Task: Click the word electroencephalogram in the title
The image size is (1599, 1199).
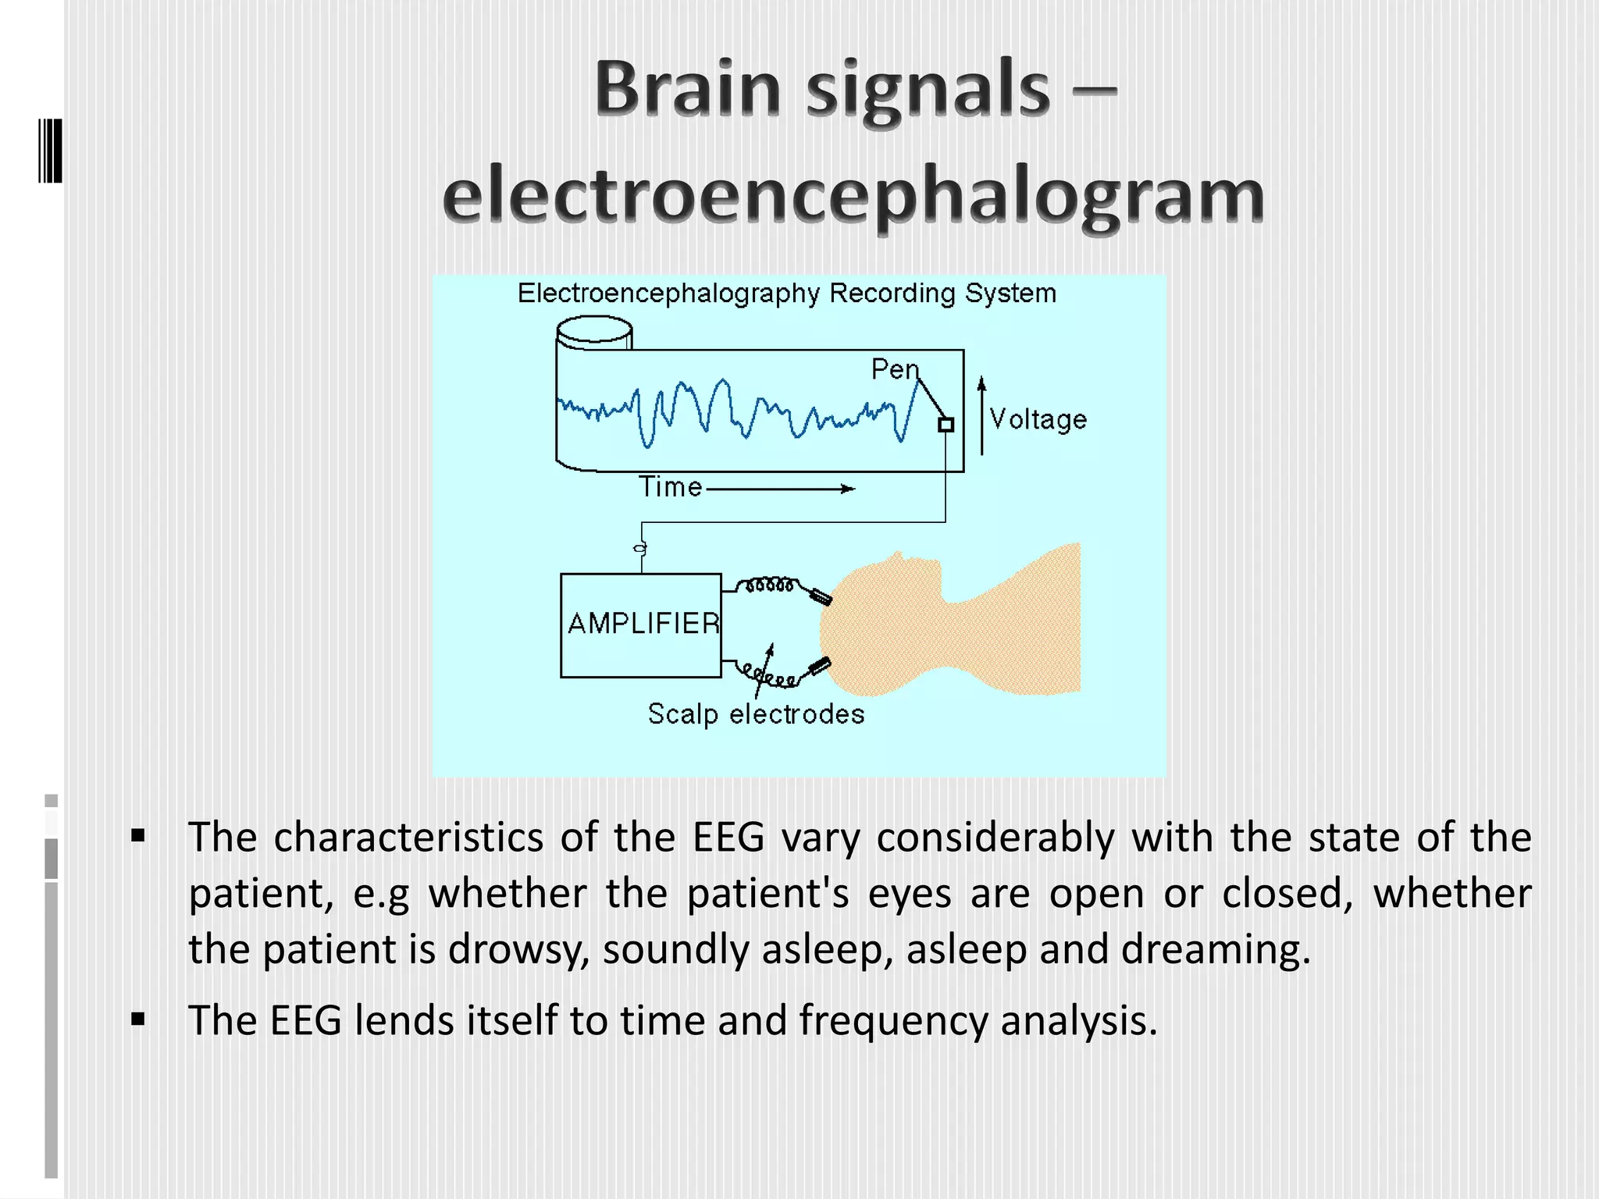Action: pos(853,195)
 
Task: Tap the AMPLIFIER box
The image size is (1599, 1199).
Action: pos(641,624)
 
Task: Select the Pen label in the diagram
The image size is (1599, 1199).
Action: pos(895,369)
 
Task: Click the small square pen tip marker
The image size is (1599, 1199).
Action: pos(946,425)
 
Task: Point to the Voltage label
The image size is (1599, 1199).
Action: pos(1038,419)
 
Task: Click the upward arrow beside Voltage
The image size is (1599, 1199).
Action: pos(982,414)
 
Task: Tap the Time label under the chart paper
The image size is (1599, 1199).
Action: pos(670,486)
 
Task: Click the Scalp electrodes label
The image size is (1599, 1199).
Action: pos(756,713)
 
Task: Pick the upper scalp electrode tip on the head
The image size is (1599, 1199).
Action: pos(821,597)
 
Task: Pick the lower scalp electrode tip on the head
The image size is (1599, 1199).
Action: pos(820,666)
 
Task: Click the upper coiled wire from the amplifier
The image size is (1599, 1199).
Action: pos(769,584)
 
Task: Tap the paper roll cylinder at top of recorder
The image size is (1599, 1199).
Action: pos(594,331)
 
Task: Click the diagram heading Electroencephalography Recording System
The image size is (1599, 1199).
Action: pos(786,294)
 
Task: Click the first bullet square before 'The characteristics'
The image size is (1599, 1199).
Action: pos(138,837)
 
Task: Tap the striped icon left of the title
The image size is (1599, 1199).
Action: pos(50,151)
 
